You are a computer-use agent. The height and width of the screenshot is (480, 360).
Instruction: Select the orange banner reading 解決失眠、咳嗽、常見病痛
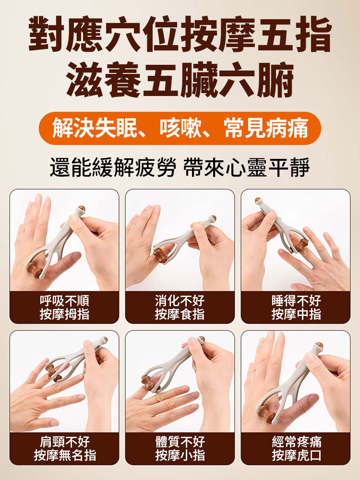180,128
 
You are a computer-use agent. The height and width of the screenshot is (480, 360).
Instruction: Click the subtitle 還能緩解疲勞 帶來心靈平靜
180,168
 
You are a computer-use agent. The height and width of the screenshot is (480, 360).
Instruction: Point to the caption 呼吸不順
64,301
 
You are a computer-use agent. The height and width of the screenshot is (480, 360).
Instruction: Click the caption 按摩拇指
64,314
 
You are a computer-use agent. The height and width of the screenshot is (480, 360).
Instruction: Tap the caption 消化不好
180,301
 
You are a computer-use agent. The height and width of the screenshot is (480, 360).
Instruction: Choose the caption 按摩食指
180,314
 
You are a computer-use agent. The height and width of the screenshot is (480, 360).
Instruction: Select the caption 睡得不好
296,301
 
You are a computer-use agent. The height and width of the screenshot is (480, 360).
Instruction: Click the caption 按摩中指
296,314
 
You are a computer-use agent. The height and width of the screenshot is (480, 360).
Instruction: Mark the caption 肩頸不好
64,442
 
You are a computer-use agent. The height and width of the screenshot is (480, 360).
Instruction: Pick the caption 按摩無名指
64,456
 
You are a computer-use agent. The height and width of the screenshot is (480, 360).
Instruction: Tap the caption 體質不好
180,442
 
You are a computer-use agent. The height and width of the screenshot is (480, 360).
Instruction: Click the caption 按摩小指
180,456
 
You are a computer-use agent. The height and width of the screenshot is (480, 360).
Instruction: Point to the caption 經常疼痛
296,442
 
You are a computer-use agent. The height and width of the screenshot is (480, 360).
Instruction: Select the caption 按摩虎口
296,456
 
